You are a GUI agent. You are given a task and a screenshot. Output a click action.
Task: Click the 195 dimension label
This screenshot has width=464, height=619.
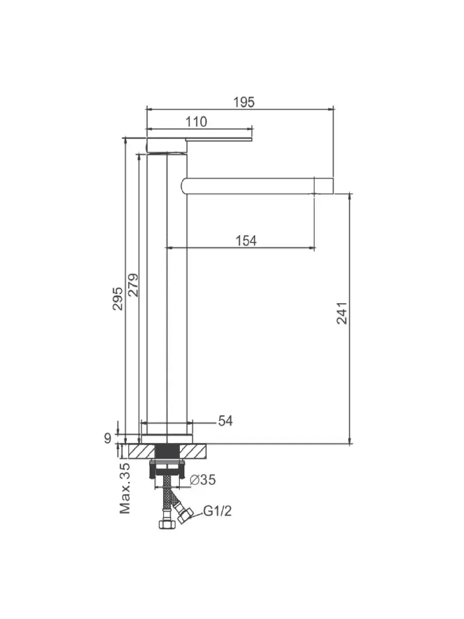click(244, 102)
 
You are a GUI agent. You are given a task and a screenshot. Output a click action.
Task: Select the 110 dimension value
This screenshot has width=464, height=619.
click(196, 122)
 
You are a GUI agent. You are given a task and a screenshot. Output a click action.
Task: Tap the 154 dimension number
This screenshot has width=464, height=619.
click(246, 240)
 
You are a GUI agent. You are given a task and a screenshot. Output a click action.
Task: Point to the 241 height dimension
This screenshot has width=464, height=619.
click(342, 313)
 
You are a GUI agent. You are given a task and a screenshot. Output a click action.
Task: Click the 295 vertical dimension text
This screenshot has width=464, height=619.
click(118, 299)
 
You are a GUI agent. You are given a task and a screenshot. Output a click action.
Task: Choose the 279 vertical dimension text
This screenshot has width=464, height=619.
click(134, 285)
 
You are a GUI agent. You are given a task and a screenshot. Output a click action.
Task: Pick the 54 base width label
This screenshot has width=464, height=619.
click(226, 421)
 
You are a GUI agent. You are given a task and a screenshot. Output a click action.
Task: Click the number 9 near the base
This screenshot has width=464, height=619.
click(108, 438)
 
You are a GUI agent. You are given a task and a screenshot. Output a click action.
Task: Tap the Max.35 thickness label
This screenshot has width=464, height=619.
click(125, 488)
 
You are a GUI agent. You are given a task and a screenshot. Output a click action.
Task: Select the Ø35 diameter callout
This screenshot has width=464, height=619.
click(203, 479)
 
